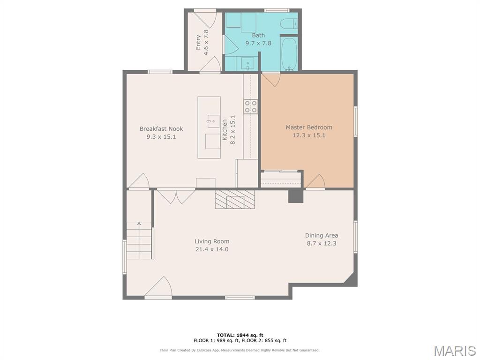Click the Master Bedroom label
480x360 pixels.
309,127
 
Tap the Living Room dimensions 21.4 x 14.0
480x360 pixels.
212,249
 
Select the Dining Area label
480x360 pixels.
322,235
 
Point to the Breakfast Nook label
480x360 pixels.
161,129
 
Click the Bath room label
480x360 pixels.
258,35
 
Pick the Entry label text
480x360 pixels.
198,42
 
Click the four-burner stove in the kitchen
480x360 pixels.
250,107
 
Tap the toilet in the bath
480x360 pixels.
289,23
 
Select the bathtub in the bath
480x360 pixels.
289,54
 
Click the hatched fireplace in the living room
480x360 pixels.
235,199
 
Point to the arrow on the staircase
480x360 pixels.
139,240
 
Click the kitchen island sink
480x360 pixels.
213,121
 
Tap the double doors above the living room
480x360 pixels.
176,197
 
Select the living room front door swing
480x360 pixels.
158,287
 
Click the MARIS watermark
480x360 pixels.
455,351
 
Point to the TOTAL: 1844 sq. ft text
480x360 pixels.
240,335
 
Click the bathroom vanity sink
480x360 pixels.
247,64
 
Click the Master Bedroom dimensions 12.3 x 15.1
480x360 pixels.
309,135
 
